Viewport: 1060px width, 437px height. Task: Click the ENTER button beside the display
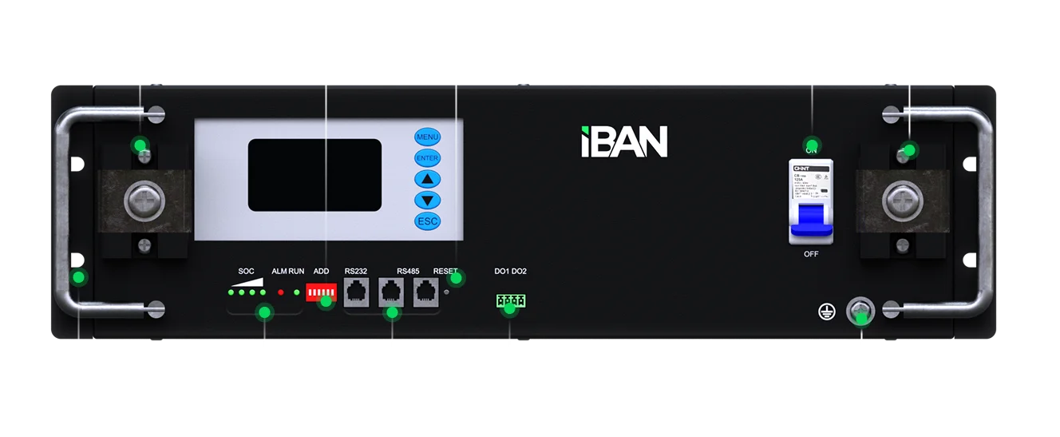(x=427, y=158)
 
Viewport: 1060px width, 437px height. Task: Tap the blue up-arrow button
(x=427, y=179)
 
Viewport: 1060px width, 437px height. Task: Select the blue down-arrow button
(x=427, y=200)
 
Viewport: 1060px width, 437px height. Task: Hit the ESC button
(x=427, y=221)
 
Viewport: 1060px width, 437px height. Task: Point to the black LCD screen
(x=314, y=175)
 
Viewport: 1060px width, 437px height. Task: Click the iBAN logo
(x=623, y=141)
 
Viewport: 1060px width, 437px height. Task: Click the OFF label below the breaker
(x=811, y=254)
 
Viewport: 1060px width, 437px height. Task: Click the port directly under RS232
(x=356, y=291)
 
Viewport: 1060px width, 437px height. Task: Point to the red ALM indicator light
(x=280, y=292)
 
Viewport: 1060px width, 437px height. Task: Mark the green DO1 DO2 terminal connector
(x=510, y=300)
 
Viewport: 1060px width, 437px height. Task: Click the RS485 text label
(x=408, y=272)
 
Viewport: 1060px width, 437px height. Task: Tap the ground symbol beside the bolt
(x=828, y=310)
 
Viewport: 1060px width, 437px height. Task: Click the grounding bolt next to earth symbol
(x=860, y=310)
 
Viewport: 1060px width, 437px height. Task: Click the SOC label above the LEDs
(x=246, y=272)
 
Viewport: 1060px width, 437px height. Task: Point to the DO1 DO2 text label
(x=510, y=272)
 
